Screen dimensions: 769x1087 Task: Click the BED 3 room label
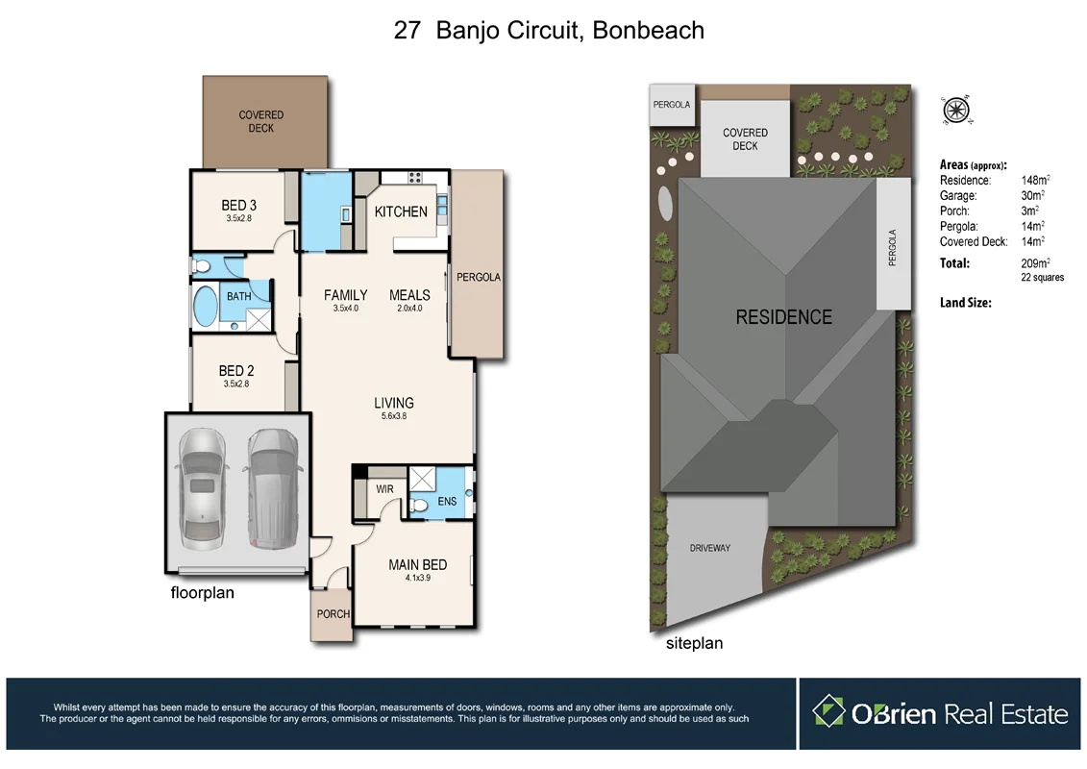(x=238, y=205)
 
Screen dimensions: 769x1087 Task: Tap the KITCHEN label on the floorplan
(x=401, y=211)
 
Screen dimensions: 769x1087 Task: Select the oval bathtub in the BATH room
(x=206, y=307)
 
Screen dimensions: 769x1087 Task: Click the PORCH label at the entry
(x=333, y=613)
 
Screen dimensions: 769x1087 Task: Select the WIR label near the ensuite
(x=384, y=489)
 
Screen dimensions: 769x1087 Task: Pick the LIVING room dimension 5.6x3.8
(x=394, y=416)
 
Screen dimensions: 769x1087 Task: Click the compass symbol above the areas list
(x=956, y=111)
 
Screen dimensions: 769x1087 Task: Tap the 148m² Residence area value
(x=1034, y=181)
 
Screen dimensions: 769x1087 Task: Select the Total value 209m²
(x=1034, y=262)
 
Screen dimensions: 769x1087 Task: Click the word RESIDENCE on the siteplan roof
(x=783, y=317)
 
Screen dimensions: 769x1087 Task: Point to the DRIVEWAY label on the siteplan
(x=709, y=548)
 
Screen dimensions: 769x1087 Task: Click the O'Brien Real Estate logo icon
(x=828, y=712)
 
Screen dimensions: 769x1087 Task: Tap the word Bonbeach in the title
(x=648, y=30)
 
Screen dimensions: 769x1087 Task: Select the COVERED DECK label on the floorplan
(x=260, y=122)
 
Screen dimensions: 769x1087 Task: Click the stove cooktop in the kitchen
(x=416, y=177)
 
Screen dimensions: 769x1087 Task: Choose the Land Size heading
(x=965, y=303)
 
